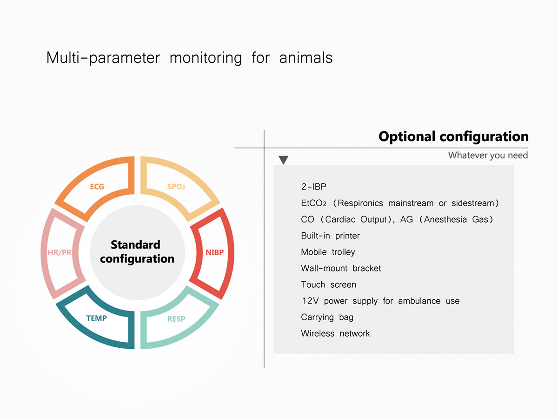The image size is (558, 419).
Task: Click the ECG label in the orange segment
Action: [x=97, y=187]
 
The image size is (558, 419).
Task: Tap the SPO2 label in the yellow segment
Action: [x=176, y=187]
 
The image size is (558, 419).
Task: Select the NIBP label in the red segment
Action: [x=214, y=252]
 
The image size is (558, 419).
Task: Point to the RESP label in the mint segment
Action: [x=176, y=319]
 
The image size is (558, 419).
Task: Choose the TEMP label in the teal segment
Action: [x=97, y=318]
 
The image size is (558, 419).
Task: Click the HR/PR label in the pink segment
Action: [x=60, y=252]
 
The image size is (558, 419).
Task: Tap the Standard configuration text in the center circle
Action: [x=137, y=251]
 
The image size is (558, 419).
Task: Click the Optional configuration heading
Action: [x=453, y=136]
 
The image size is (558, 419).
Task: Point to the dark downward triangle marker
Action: [x=284, y=160]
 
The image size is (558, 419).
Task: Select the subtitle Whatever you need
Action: [x=488, y=155]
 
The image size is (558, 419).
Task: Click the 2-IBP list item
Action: [x=314, y=187]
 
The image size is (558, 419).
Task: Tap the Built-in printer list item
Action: [x=330, y=236]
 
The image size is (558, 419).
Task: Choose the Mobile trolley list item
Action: [x=328, y=252]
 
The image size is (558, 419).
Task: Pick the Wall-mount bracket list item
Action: [x=341, y=268]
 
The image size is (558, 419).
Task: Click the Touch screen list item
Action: [x=328, y=284]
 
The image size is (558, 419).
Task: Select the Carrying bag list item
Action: [x=327, y=317]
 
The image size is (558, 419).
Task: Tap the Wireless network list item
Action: [x=335, y=333]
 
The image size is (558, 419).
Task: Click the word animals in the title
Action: [x=306, y=58]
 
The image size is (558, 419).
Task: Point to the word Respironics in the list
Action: [x=360, y=203]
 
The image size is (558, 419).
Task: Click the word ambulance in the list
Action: [x=419, y=301]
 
